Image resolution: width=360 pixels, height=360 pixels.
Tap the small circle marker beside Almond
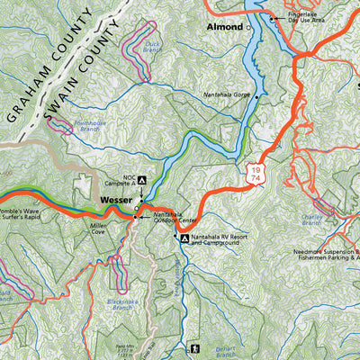click(248, 28)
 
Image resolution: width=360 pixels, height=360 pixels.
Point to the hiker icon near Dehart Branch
click(193, 347)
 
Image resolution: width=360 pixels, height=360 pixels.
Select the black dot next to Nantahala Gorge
click(257, 97)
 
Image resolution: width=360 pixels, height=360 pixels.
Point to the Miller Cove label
click(99, 230)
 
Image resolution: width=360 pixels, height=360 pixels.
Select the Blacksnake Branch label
click(120, 304)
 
